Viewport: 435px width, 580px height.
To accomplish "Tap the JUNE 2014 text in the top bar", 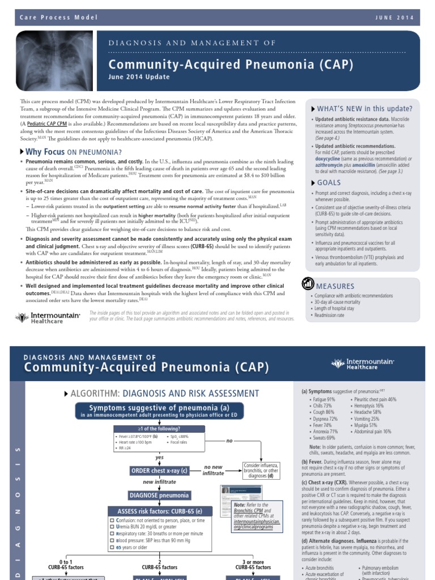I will (394, 18).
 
